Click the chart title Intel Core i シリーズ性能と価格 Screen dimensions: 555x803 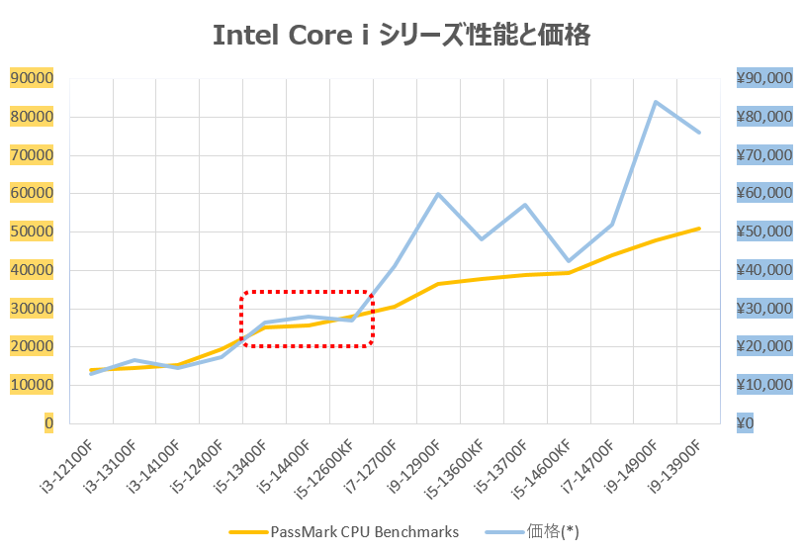click(401, 36)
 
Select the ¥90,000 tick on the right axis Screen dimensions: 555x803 click(764, 78)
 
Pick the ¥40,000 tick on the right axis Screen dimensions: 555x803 click(764, 270)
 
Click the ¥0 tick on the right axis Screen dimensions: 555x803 click(747, 423)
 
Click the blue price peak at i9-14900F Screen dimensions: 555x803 click(656, 101)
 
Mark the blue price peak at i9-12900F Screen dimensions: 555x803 click(438, 194)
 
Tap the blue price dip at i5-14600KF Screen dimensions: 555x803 click(569, 261)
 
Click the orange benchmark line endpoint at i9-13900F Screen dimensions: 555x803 click(699, 229)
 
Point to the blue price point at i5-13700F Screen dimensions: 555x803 click(525, 205)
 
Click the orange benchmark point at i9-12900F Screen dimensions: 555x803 click(438, 284)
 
